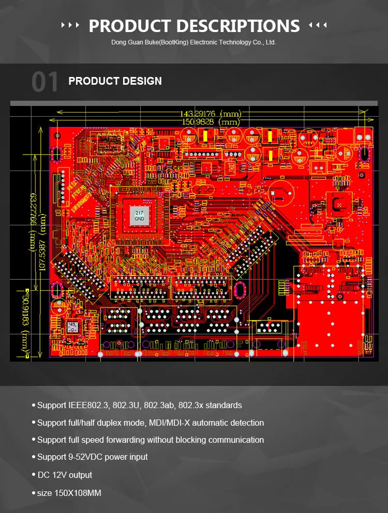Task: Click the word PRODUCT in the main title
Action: [x=129, y=25]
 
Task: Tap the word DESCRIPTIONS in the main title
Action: [x=237, y=25]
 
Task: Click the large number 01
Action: [x=46, y=82]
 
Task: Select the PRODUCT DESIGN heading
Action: [x=115, y=81]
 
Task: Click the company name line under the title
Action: [x=193, y=42]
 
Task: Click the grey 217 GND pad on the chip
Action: [x=140, y=216]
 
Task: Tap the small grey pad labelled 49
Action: [x=72, y=327]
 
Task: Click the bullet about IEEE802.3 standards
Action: [x=139, y=405]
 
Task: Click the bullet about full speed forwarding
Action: [x=150, y=440]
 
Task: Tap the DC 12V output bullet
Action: [x=65, y=475]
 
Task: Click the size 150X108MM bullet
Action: [x=69, y=493]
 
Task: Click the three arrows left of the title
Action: [x=70, y=25]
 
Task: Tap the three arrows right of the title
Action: [x=317, y=25]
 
